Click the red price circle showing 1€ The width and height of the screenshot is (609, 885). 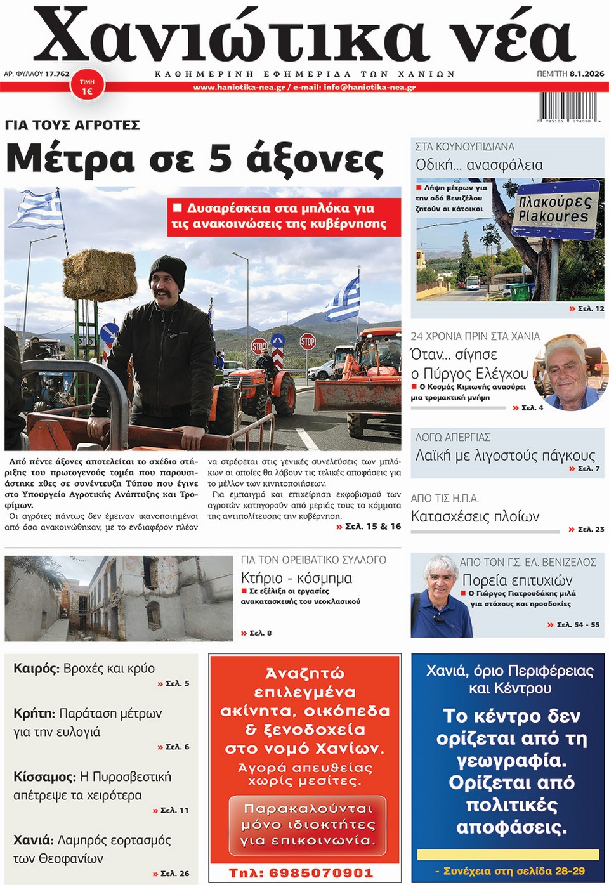[x=87, y=88]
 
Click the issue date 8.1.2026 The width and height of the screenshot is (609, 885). [x=587, y=74]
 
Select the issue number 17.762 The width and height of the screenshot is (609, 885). [x=57, y=74]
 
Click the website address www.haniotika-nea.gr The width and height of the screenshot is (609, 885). [x=239, y=88]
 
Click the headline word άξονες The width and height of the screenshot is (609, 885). [x=315, y=159]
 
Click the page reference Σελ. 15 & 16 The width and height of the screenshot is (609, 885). [x=372, y=526]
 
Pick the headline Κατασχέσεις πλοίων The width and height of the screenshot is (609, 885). [x=475, y=516]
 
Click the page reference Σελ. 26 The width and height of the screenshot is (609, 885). [x=174, y=874]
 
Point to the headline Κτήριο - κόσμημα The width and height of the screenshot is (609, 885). [x=296, y=578]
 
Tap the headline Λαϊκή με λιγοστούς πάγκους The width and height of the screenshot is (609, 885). [x=505, y=456]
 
